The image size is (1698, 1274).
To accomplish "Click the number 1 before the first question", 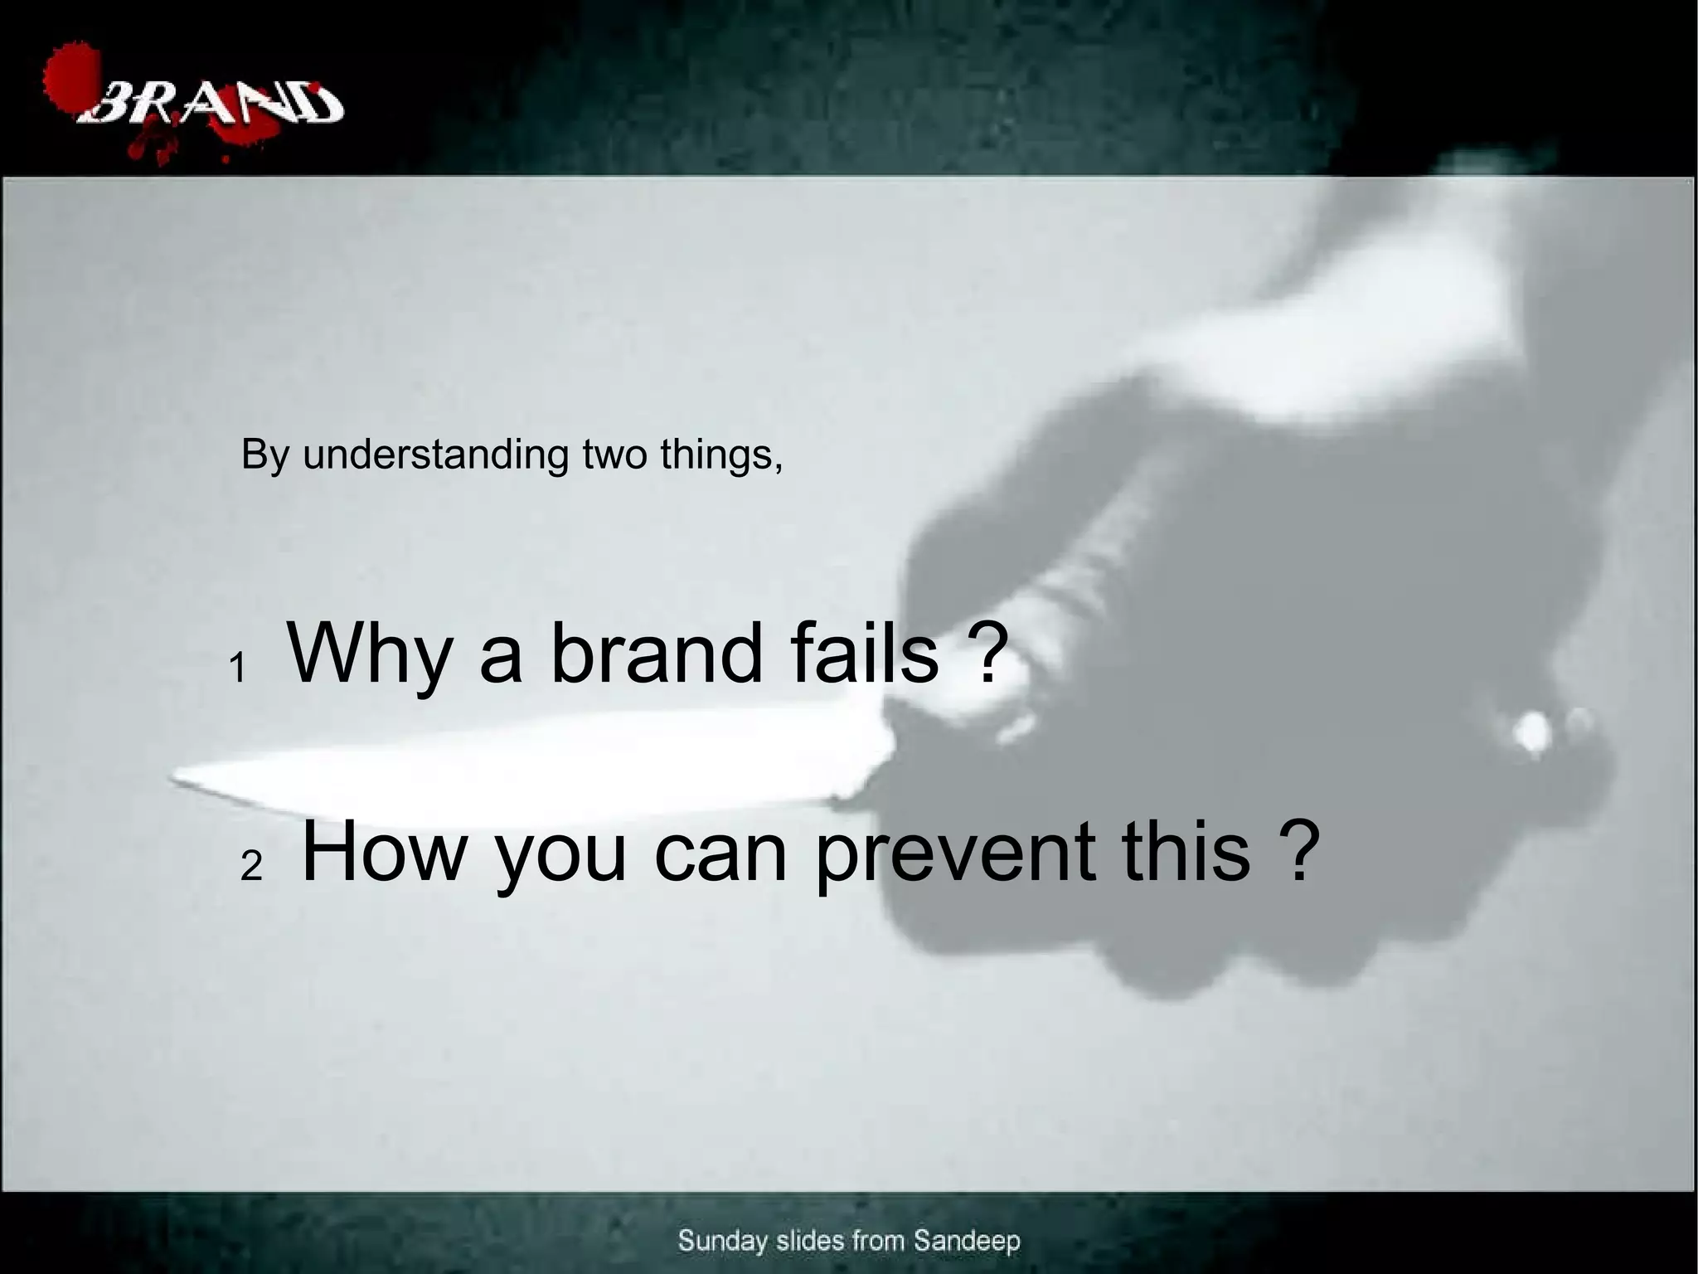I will tap(239, 668).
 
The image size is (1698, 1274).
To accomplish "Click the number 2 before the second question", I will tap(251, 867).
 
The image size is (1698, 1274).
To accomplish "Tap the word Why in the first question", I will tap(370, 655).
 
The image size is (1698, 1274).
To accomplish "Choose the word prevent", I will tap(953, 854).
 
